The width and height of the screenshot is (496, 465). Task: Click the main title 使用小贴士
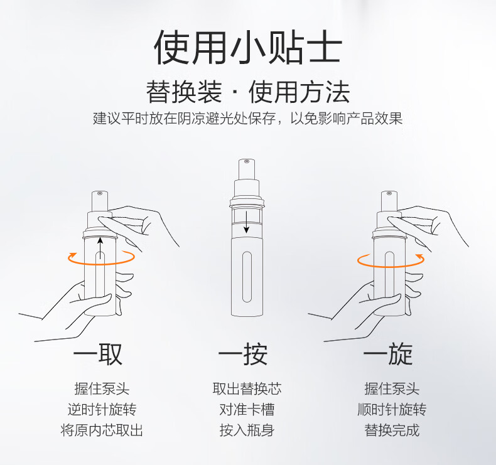(247, 48)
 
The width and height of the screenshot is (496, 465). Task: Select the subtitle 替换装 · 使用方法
(247, 92)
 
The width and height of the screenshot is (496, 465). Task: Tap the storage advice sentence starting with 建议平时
(247, 118)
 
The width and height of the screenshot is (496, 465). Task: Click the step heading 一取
(98, 354)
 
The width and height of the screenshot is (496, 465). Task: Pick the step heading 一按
(243, 354)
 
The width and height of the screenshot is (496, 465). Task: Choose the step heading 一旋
(388, 354)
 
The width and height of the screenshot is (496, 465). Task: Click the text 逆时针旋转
(102, 409)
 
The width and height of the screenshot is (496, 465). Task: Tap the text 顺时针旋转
(392, 409)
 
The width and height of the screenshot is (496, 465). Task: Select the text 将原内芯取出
(102, 430)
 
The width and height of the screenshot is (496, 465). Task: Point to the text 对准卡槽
(247, 409)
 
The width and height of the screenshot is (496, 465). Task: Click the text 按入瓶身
(247, 430)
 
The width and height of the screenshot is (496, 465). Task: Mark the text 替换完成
(392, 430)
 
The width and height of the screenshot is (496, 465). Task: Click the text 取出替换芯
(247, 388)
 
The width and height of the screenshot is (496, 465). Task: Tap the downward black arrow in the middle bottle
(246, 222)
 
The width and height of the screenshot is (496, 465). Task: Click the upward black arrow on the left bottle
(100, 248)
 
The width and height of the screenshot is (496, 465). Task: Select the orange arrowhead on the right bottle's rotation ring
(420, 256)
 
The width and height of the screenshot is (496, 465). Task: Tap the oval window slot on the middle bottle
(247, 277)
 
